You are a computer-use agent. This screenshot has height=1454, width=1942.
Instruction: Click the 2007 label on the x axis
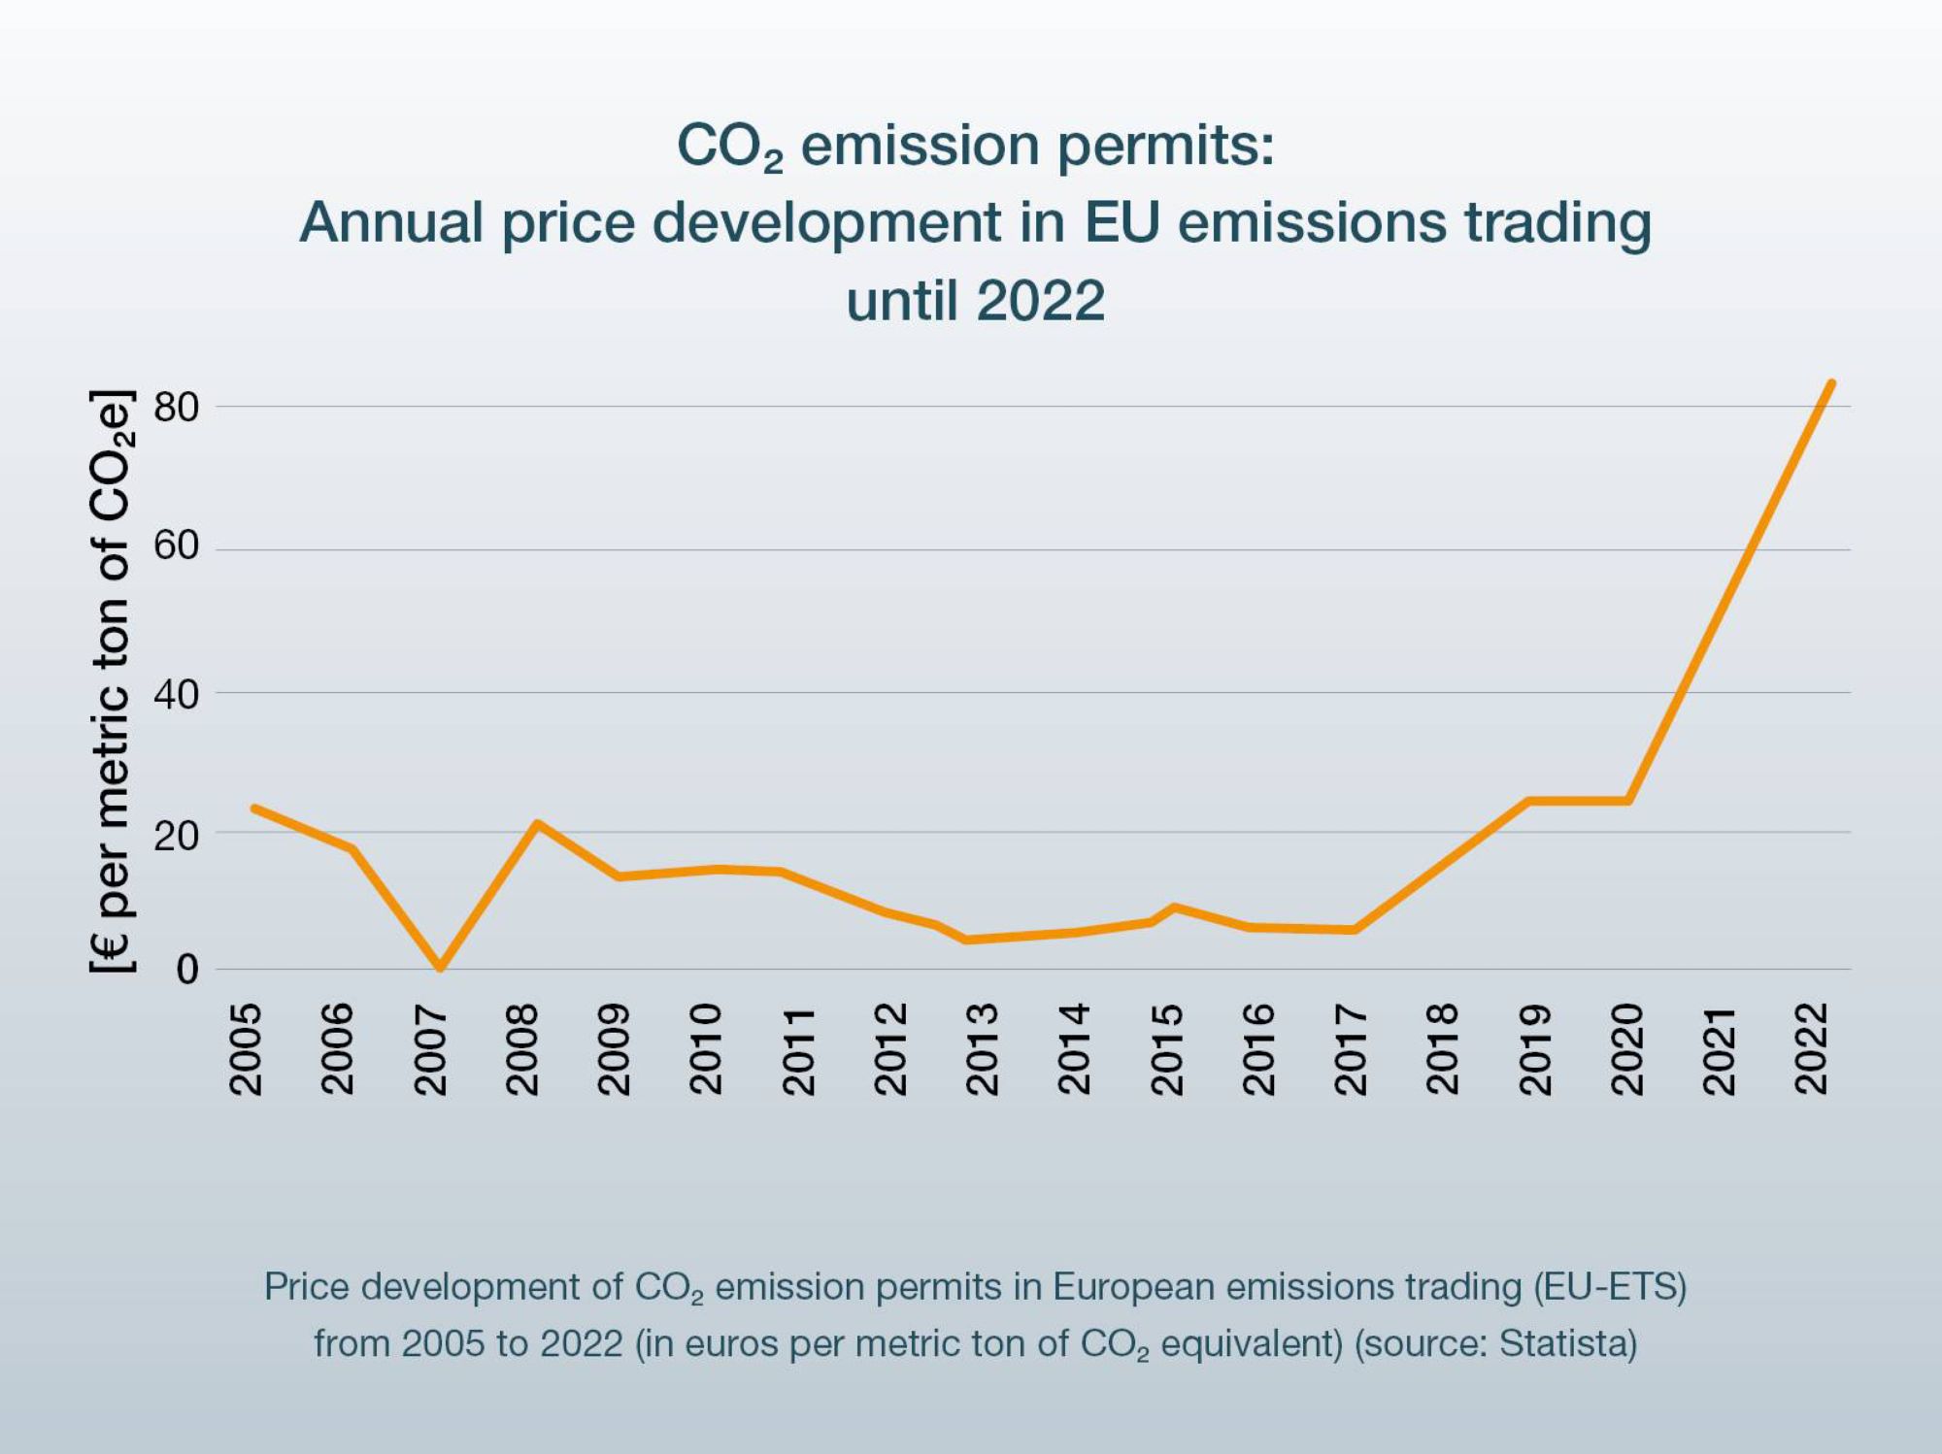429,1050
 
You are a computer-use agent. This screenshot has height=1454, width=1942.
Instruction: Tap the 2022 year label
1812,1050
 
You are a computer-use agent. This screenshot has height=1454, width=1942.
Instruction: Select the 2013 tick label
983,1050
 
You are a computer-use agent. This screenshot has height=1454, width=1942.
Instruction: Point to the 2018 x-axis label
1443,1050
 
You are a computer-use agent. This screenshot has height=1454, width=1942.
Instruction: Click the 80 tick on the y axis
176,408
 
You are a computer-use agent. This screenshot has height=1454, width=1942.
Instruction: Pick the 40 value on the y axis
176,694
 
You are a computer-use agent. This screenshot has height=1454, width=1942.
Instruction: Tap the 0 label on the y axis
187,970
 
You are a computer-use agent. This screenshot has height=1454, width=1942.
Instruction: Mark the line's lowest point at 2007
440,967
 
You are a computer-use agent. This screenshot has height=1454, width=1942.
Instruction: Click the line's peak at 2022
1830,383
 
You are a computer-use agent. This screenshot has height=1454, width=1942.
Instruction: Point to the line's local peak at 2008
537,823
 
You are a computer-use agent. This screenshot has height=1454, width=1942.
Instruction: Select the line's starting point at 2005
254,808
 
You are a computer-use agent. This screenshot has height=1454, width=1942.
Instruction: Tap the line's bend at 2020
1628,801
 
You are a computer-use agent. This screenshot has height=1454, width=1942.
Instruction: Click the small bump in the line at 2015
1174,908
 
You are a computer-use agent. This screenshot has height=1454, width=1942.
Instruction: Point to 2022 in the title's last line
1041,300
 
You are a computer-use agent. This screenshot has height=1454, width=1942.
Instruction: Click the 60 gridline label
176,547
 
